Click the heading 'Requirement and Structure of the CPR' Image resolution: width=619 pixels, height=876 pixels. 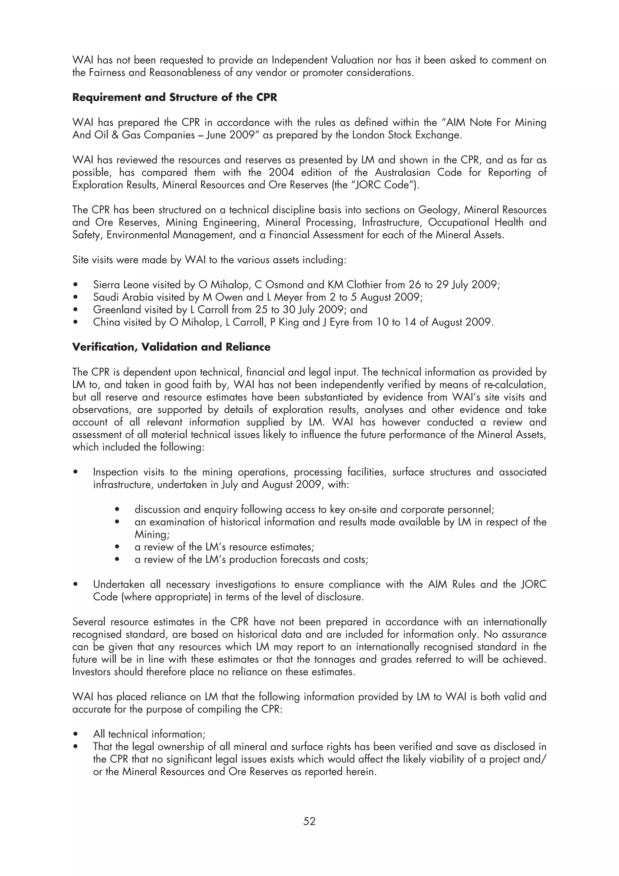[175, 97]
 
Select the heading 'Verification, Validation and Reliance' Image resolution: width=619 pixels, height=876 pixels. [171, 347]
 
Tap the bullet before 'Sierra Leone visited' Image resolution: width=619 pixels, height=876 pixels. [76, 285]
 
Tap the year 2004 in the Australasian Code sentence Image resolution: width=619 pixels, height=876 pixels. [281, 173]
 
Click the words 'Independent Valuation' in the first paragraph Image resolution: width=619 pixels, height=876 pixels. [322, 60]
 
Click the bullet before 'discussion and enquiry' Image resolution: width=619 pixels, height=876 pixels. [118, 510]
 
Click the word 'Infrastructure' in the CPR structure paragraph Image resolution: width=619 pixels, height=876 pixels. [392, 222]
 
